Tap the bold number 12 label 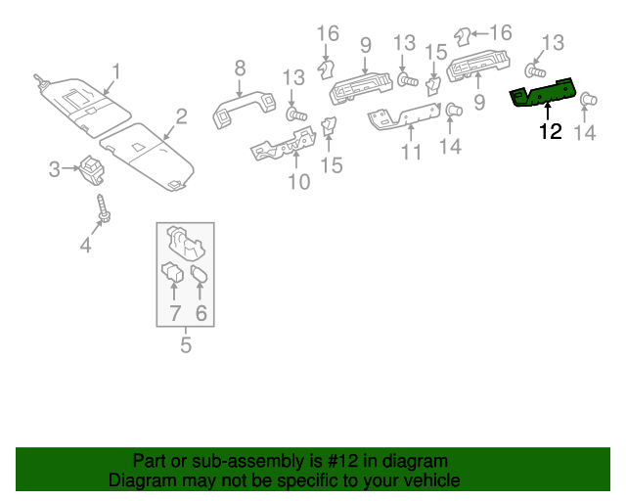(x=551, y=131)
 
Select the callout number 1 (x=115, y=71)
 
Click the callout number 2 (x=181, y=117)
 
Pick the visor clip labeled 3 (x=93, y=168)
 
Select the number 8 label (x=239, y=68)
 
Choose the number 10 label (x=297, y=182)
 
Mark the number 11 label (x=410, y=154)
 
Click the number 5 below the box (x=185, y=344)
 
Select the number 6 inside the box (x=201, y=313)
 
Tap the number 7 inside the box (x=175, y=313)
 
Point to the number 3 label (x=55, y=170)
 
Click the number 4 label (x=85, y=246)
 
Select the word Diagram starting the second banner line (x=139, y=480)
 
